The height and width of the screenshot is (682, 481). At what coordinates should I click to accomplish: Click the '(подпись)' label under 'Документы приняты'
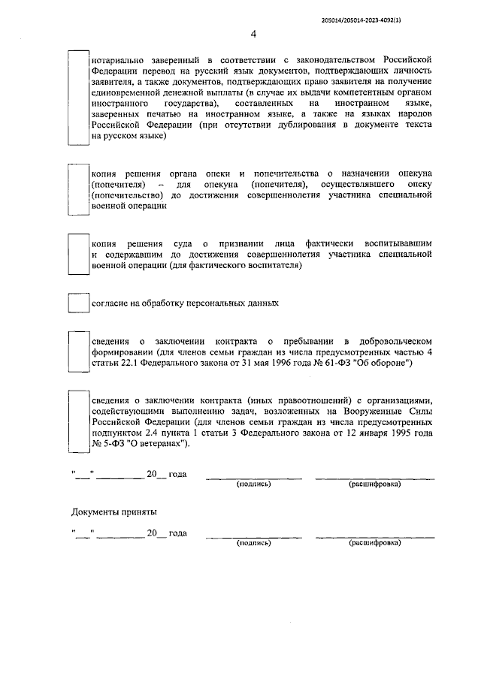pos(253,542)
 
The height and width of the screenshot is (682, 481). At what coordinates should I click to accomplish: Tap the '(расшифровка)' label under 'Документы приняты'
pos(374,542)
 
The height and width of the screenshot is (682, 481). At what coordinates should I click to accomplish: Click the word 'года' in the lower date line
pos(177,533)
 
